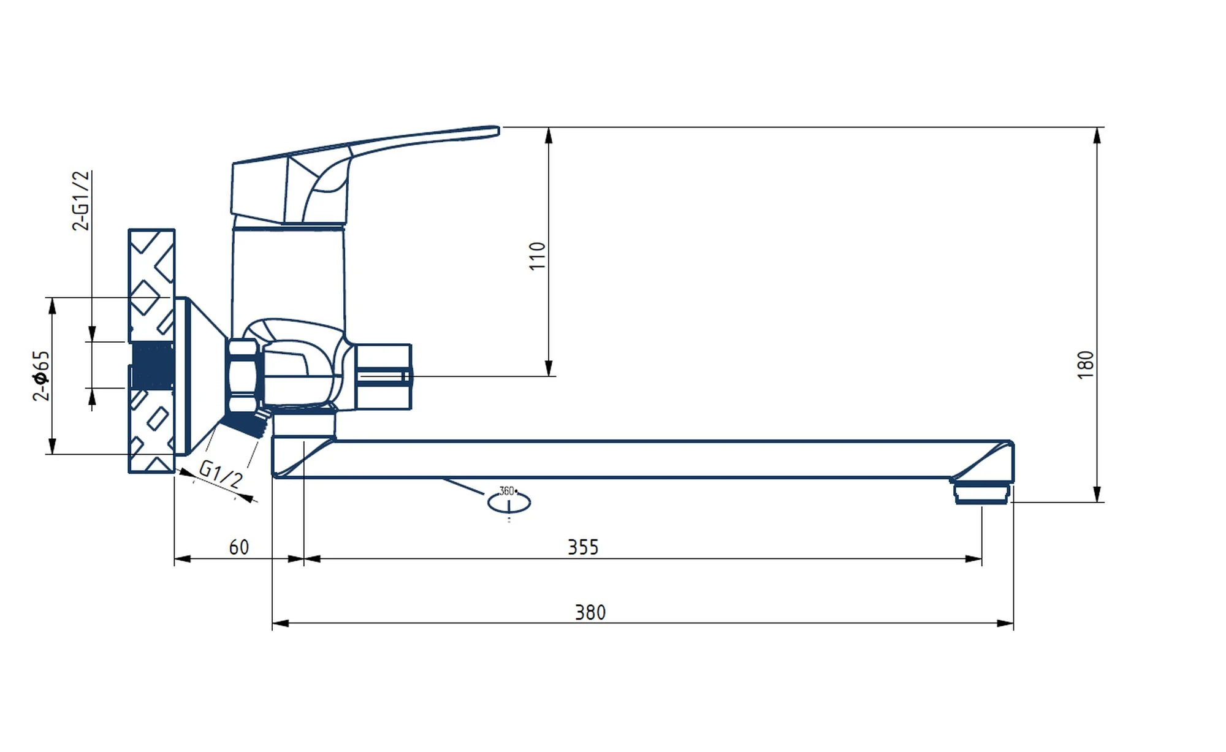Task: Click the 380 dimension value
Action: click(590, 612)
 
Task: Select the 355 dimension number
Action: click(582, 547)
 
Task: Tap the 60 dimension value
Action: click(239, 547)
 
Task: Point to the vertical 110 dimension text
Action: click(538, 256)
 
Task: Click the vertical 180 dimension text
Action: click(1086, 365)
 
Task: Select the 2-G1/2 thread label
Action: click(81, 200)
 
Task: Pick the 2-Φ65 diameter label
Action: click(41, 376)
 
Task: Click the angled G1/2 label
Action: click(221, 474)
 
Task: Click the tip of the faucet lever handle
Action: click(498, 130)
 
